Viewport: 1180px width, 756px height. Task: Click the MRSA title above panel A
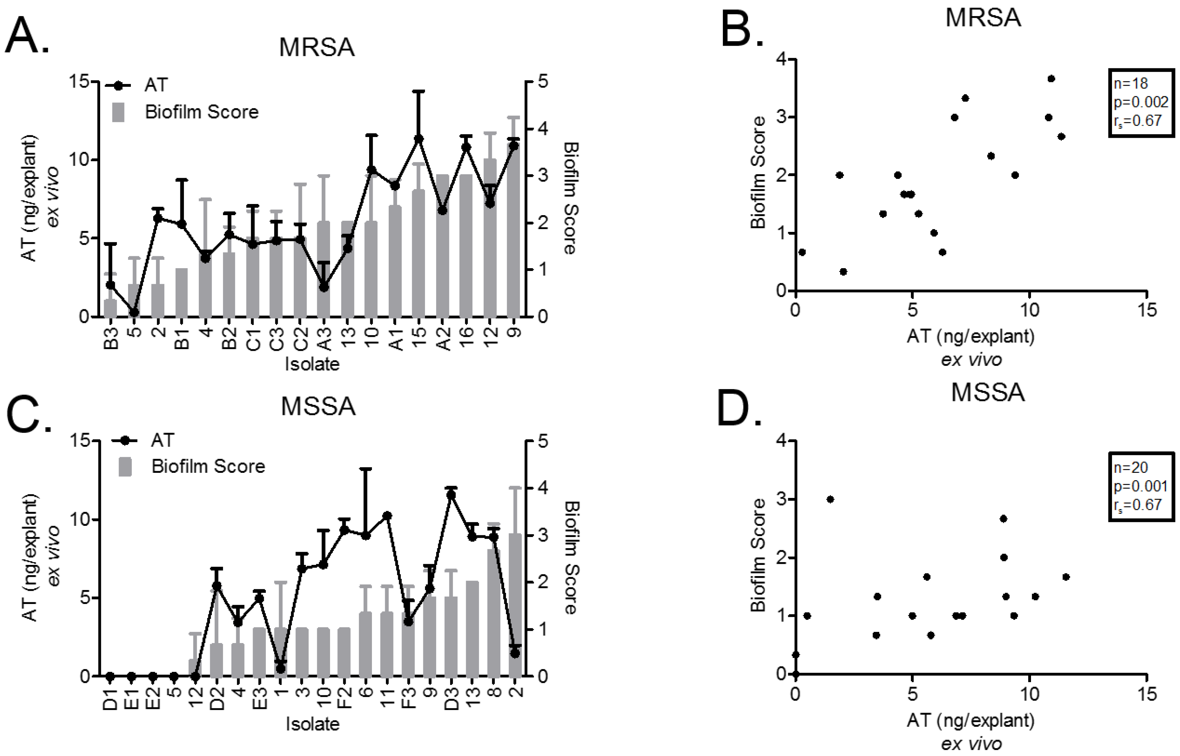coord(317,48)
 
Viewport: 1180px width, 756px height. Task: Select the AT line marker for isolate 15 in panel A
coord(418,139)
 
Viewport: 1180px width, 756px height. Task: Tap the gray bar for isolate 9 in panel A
coord(513,231)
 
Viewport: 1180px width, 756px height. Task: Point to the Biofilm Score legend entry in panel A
coord(201,112)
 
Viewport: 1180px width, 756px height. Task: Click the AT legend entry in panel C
coord(162,440)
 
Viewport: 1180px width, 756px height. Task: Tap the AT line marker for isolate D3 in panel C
coord(451,494)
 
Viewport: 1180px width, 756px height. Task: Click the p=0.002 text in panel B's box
coord(1140,102)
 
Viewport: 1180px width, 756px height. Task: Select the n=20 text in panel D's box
coord(1130,467)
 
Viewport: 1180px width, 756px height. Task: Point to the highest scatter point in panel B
coord(1051,78)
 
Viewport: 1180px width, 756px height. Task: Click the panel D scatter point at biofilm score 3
coord(830,499)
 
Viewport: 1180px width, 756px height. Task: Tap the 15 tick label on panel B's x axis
coord(1146,310)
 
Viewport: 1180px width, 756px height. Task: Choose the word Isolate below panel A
coord(312,364)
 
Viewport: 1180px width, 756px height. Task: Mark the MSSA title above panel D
coord(987,393)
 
